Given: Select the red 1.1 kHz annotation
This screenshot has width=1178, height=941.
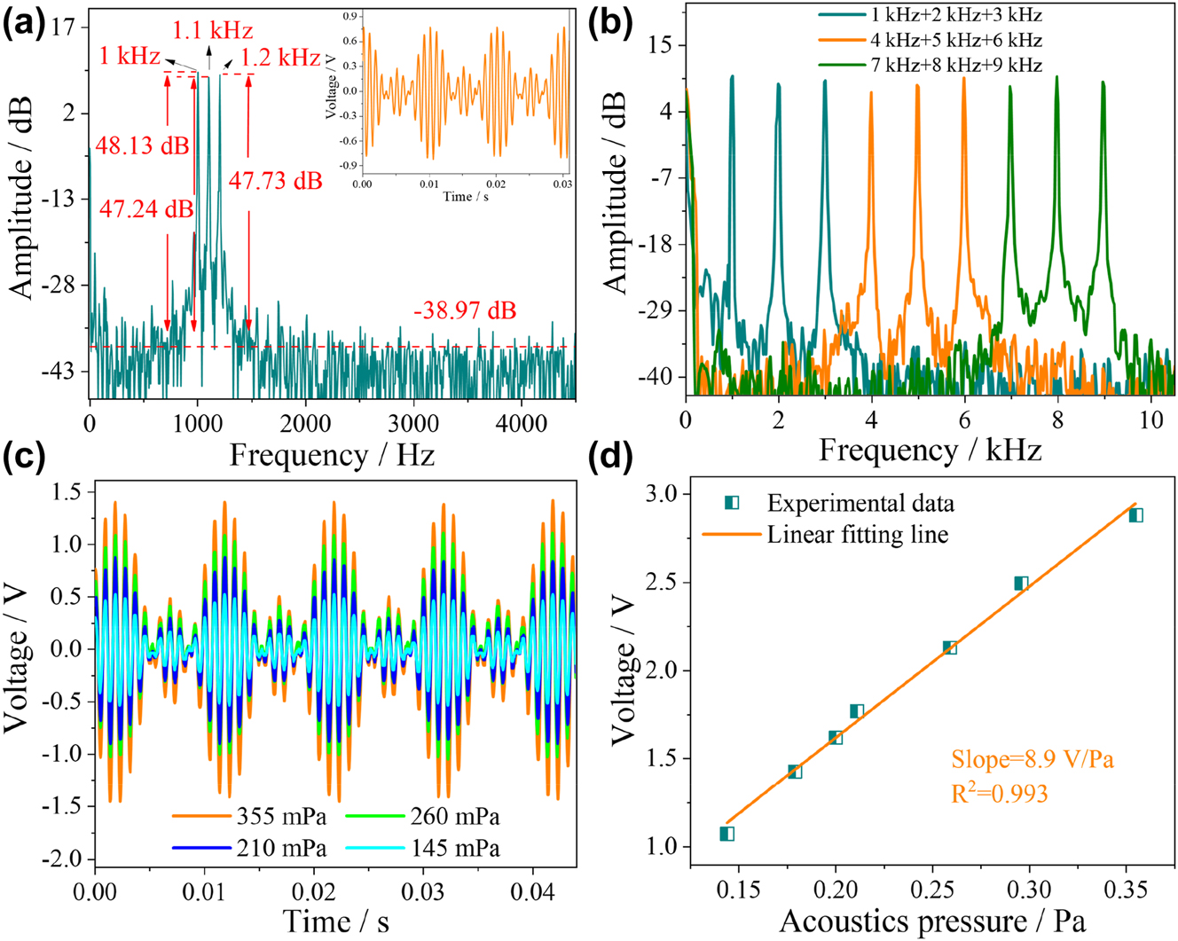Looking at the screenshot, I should [x=213, y=32].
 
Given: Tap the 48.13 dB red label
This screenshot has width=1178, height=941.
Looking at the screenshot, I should [x=142, y=145].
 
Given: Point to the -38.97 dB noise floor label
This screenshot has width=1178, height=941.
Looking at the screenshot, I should [x=464, y=311].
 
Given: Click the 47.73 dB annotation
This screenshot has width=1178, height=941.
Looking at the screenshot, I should [x=276, y=181].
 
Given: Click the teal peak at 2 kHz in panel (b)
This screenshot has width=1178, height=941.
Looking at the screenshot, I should [x=778, y=87].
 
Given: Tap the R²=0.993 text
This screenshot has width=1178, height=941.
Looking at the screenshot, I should [x=1000, y=793].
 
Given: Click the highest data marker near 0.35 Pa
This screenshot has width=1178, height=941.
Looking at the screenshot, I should [x=1135, y=515].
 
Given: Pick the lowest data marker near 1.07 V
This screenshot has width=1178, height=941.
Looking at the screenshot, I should [x=727, y=834].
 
